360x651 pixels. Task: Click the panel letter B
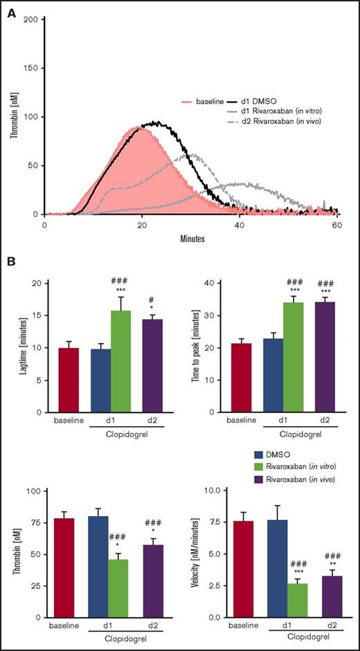click(x=10, y=263)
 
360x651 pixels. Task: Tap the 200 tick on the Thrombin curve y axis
click(x=30, y=19)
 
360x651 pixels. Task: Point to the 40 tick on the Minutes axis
click(x=240, y=224)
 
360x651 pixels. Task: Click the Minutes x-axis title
click(x=190, y=236)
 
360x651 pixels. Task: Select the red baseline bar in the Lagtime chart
click(x=69, y=380)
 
